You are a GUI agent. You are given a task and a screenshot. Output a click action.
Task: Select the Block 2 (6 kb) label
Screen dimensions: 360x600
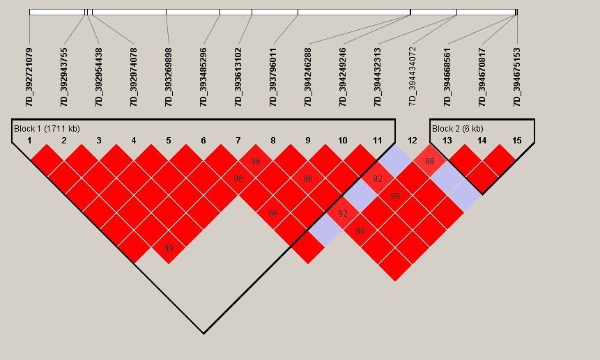[457, 129]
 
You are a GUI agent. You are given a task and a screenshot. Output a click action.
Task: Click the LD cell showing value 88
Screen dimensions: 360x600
[430, 162]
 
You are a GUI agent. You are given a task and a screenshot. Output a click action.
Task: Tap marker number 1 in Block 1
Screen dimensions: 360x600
[29, 141]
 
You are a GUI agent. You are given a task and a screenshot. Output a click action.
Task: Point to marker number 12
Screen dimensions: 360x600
[413, 141]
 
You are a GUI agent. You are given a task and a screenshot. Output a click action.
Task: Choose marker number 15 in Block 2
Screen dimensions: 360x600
[517, 141]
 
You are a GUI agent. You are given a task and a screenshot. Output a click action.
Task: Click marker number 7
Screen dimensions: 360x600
[238, 141]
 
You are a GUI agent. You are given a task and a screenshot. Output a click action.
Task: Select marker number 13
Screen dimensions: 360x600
[447, 141]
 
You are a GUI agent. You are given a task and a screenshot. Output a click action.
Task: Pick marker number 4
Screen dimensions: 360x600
[134, 141]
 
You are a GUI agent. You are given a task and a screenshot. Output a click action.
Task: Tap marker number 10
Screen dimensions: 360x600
[343, 141]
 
